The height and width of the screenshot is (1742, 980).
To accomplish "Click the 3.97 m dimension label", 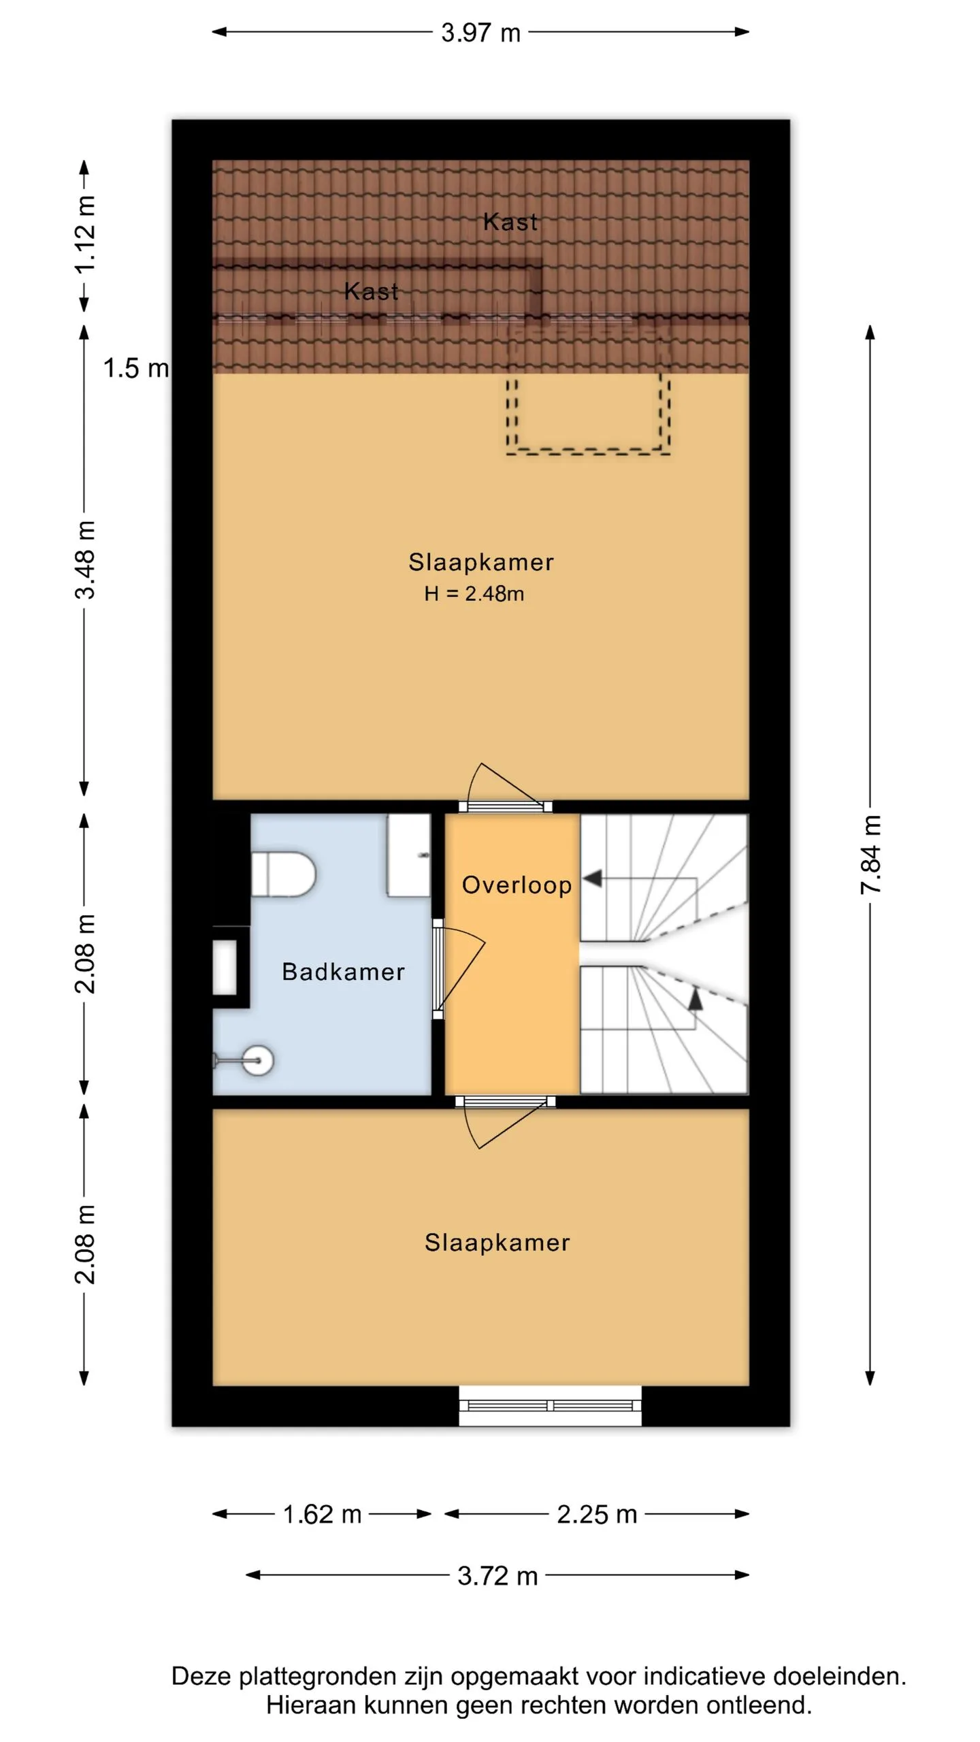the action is pos(480,33).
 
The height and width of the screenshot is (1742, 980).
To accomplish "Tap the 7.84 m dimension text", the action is pos(870,855).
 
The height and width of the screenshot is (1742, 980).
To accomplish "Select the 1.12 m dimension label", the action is pos(85,235).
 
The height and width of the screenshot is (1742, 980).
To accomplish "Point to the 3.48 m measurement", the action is pos(85,559).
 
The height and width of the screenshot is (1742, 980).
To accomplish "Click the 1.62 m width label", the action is pos(322,1515).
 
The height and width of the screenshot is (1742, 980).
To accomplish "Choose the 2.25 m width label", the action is pos(597,1515).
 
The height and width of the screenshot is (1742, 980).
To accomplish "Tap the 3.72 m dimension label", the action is pos(497,1576).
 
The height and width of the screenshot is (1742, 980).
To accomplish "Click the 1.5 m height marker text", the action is pos(135,368).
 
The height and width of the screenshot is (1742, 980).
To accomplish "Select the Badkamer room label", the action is pos(343,972).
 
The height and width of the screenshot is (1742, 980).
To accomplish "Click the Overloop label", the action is pos(517,885).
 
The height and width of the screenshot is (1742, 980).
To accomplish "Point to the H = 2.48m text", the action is pos(474,594).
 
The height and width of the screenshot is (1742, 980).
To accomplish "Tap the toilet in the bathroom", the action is pos(283,874).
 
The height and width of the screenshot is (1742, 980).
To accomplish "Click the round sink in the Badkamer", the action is pos(259,1060).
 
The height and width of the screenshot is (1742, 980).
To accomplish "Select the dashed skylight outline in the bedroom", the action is pos(588,450).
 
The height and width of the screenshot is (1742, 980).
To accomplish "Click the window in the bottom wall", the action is pos(550,1406).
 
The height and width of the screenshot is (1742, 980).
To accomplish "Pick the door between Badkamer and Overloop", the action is pos(438,969).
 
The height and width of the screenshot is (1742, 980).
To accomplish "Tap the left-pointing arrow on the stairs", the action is pos(592,878).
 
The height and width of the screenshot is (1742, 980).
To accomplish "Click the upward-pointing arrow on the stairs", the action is pos(694,999).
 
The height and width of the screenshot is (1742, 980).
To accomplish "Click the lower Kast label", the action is pos(371,291).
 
